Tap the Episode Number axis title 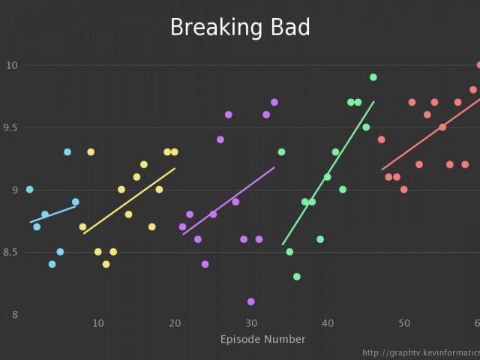click(262, 340)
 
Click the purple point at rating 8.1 click(250, 301)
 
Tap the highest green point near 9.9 click(373, 77)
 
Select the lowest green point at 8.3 click(296, 277)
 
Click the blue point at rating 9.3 click(67, 152)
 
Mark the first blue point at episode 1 click(29, 190)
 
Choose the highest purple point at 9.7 click(274, 102)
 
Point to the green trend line click(328, 173)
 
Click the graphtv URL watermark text click(420, 352)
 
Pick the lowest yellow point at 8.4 click(106, 264)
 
